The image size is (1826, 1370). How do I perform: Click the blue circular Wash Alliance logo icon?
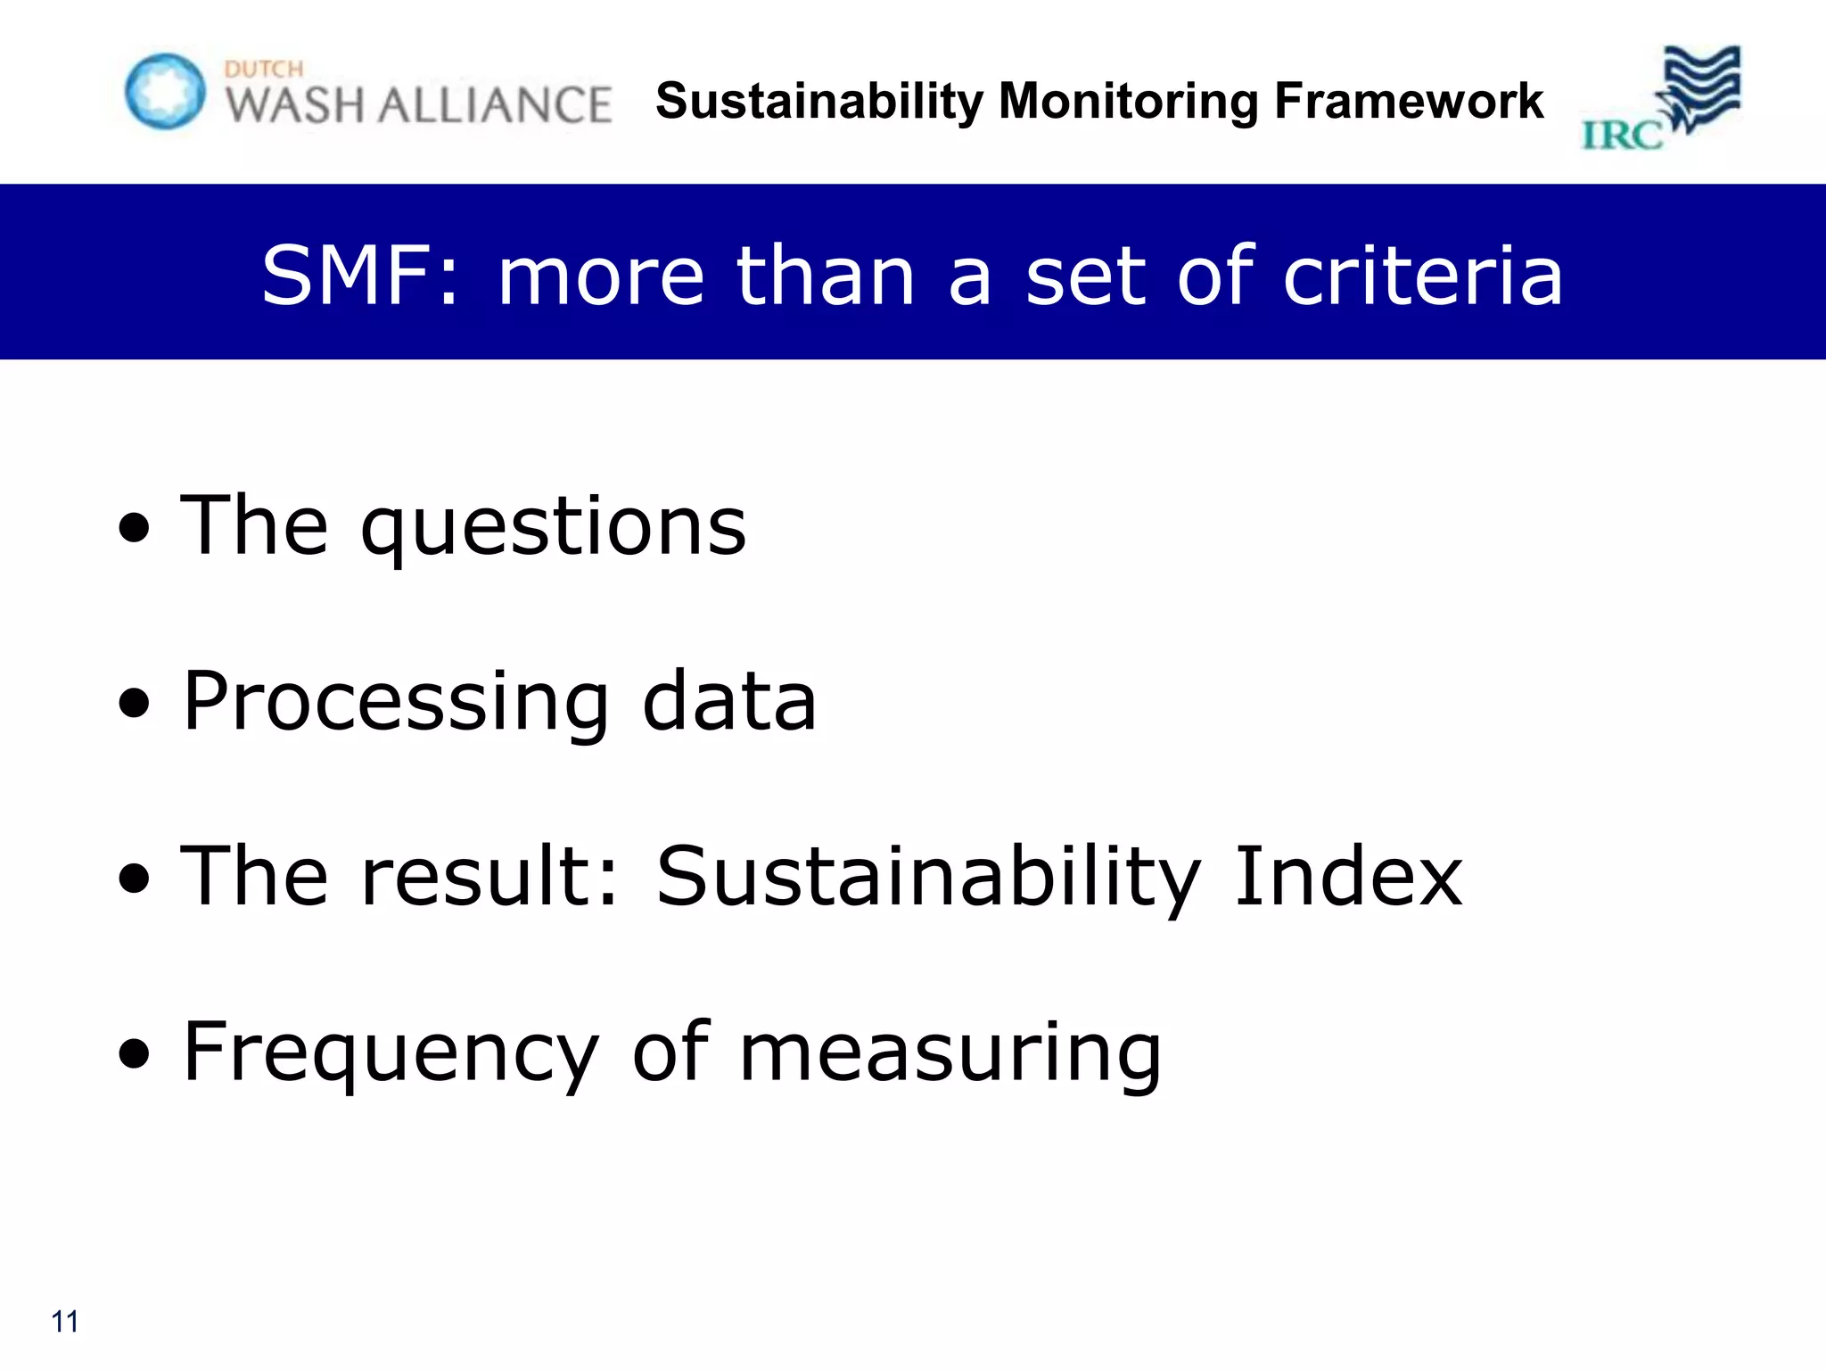[x=165, y=91]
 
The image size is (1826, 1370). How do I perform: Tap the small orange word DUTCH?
[x=264, y=70]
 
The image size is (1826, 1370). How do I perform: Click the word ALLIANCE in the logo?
[x=495, y=105]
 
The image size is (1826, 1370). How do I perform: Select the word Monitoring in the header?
[x=1128, y=101]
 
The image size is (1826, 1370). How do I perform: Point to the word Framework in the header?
[x=1409, y=101]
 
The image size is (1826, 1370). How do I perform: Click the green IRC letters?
[x=1622, y=136]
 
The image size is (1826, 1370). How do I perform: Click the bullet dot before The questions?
[x=134, y=529]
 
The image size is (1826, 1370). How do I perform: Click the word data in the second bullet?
[x=729, y=702]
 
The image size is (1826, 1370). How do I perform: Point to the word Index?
[x=1348, y=877]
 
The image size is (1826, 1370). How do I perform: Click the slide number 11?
[x=65, y=1321]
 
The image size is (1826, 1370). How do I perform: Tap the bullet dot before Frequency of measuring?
[x=134, y=1055]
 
